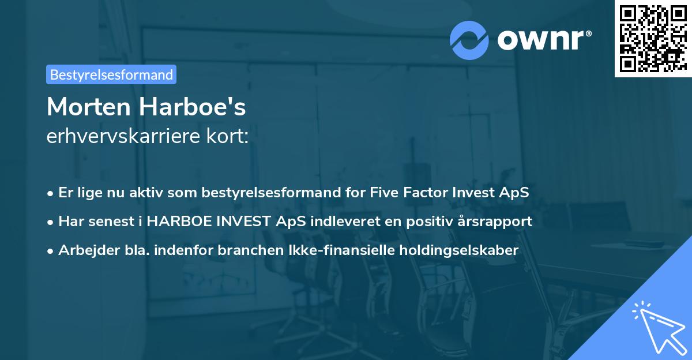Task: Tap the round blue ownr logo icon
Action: (469, 40)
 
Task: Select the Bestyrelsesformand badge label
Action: (111, 74)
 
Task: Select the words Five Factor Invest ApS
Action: (447, 193)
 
